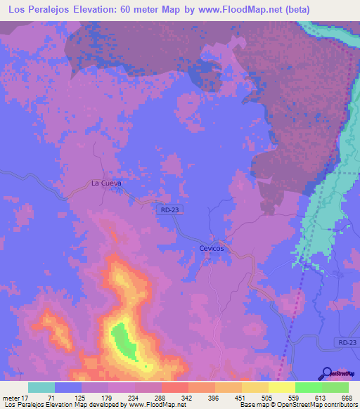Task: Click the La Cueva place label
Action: coord(106,183)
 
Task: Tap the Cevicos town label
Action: coord(215,249)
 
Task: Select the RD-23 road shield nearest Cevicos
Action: coord(168,209)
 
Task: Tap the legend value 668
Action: coord(345,397)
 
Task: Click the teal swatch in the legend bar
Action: coord(41,387)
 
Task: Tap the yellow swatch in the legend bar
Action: coord(282,387)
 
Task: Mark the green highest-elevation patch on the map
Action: coord(121,339)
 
